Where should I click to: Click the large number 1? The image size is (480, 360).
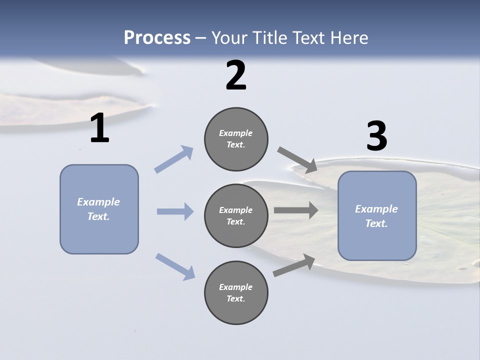99,128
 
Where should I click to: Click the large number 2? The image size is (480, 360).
236,75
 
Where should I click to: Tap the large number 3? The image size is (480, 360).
376,136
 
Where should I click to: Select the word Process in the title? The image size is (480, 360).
157,37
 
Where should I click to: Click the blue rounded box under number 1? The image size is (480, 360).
99,209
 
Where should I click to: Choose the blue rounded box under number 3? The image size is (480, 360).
377,216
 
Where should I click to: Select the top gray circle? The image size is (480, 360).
236,139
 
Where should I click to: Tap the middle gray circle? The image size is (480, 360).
236,215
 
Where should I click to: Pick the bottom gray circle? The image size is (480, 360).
236,292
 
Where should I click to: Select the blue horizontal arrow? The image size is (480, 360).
175,211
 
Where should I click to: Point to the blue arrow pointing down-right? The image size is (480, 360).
175,266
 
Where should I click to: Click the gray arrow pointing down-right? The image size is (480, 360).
297,159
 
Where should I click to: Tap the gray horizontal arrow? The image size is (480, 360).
296,210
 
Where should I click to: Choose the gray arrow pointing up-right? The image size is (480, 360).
294,265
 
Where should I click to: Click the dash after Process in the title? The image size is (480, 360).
201,38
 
